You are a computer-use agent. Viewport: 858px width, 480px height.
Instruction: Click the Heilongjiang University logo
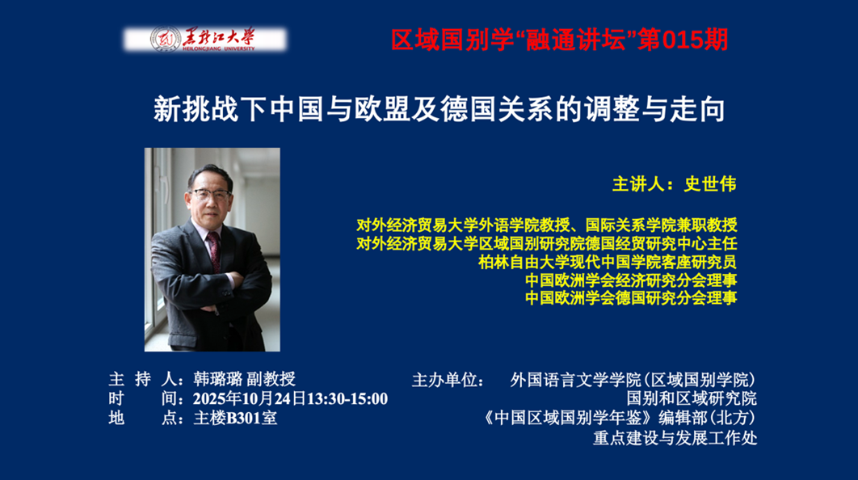tap(204, 40)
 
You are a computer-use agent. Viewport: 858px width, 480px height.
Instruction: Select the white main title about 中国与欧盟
tap(440, 109)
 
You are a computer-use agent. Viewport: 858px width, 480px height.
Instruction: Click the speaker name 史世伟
tap(710, 184)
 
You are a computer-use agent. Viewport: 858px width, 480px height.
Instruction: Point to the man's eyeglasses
tap(210, 193)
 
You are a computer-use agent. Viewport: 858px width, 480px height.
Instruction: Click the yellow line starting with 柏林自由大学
tap(608, 262)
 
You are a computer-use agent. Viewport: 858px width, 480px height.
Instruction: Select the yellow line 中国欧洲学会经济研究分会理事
tap(631, 280)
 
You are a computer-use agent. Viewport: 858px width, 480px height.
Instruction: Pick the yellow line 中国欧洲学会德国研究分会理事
tap(631, 297)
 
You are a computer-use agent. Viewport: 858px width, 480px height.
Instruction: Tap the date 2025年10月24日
tap(250, 398)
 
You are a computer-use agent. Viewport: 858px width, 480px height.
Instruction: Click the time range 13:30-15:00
tap(347, 398)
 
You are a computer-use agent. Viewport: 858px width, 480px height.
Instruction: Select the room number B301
tap(244, 418)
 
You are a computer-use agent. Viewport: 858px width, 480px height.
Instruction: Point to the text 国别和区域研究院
tap(692, 398)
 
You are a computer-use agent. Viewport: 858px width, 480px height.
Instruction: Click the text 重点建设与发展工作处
tap(675, 438)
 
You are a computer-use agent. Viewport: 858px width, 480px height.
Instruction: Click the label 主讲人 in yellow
tap(638, 184)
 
